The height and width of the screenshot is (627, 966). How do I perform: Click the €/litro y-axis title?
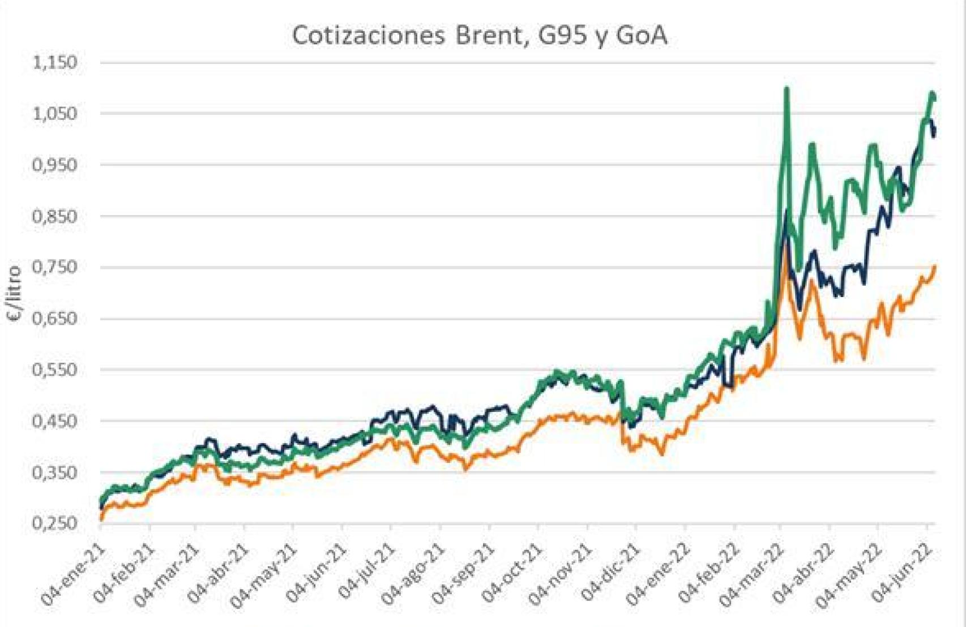point(14,294)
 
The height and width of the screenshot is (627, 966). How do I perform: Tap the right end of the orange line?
point(934,267)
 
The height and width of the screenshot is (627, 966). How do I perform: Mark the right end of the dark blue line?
point(934,134)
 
